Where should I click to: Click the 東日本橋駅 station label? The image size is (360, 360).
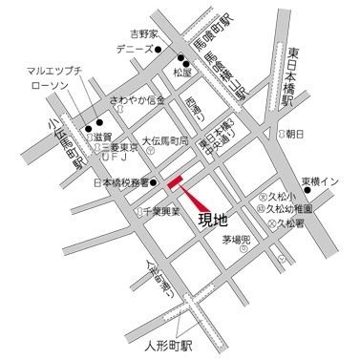[290, 77]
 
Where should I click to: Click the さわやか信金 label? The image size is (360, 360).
[138, 99]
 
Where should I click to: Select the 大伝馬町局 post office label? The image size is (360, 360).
[175, 138]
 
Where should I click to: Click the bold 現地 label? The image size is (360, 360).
[213, 222]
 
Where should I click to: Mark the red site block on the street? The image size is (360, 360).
[179, 183]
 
